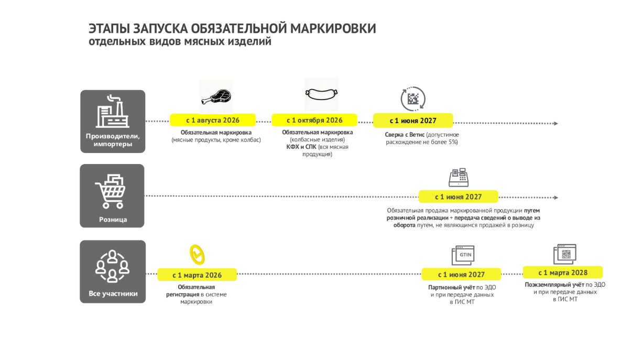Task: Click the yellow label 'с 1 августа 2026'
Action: coord(213,120)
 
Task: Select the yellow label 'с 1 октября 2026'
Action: coord(314,120)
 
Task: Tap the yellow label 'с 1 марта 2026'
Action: coord(197,275)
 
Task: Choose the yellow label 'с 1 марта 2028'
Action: coord(563,272)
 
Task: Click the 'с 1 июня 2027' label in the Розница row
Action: coord(458,197)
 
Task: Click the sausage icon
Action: coord(321,94)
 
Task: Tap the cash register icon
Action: coord(459,177)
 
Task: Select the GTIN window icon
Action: coord(463,255)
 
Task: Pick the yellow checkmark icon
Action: coord(197,255)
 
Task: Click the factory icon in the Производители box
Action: coord(112,111)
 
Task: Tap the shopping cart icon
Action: coord(111,191)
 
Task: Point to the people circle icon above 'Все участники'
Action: coord(112,266)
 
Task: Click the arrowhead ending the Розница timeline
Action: coord(556,198)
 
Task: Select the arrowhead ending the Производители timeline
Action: coord(556,124)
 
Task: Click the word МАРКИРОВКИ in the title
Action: coord(333,29)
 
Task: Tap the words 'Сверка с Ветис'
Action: coord(405,135)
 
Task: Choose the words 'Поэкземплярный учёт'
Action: coord(554,285)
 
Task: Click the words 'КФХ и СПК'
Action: coord(301,147)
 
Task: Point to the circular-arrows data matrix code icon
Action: coord(413,99)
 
